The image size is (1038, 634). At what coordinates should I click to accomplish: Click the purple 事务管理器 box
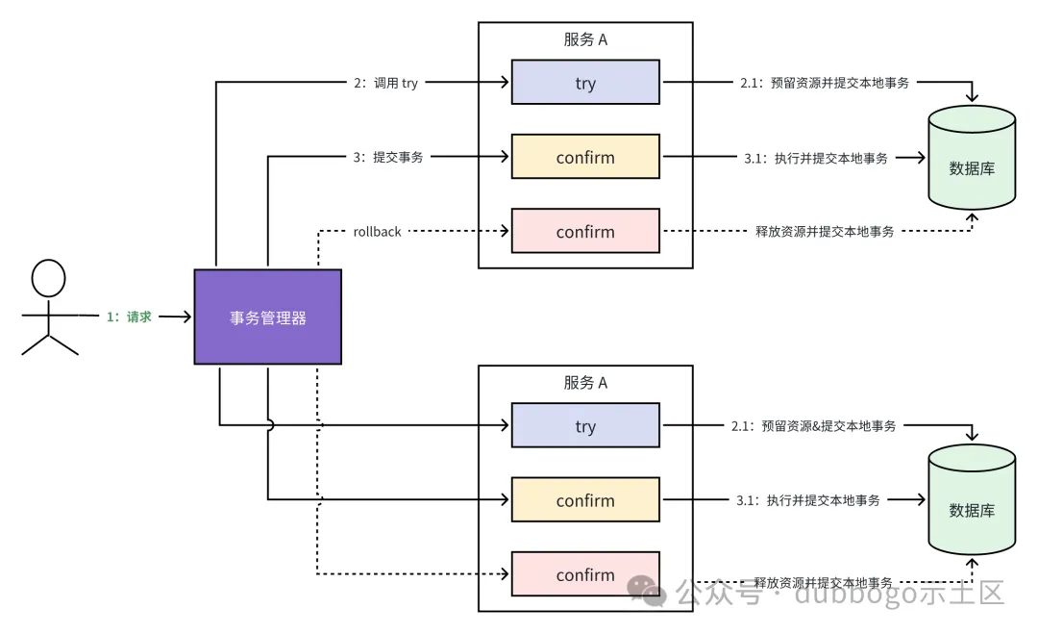coord(267,317)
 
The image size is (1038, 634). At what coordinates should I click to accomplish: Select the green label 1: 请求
coord(129,317)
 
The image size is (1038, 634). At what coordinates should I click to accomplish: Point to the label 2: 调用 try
coord(386,83)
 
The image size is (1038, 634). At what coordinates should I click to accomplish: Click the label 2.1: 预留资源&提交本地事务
coord(814,425)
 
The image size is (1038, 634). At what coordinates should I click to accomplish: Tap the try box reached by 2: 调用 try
coord(585,83)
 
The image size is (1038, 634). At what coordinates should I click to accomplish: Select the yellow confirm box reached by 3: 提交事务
coord(585,157)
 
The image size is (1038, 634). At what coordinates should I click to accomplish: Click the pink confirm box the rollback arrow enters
coord(585,232)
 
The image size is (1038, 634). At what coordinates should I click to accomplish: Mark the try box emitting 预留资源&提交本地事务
coord(585,426)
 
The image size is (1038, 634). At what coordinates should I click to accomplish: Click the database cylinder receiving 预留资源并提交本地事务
coord(972,159)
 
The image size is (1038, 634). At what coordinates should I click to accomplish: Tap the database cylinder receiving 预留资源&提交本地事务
coord(972,501)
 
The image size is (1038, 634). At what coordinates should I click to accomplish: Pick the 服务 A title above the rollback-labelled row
coord(585,40)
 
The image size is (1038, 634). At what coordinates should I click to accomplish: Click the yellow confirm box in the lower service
coord(585,500)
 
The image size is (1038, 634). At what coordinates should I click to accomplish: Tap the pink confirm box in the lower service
coord(585,575)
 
